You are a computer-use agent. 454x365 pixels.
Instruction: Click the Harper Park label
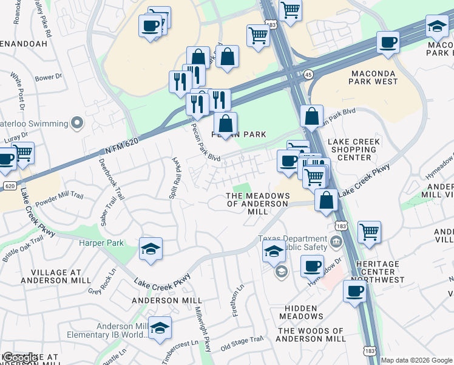[101, 243]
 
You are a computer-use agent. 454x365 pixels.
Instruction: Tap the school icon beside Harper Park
[151, 249]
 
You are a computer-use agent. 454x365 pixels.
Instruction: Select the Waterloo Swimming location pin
[76, 123]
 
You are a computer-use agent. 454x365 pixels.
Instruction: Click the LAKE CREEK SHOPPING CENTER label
[353, 150]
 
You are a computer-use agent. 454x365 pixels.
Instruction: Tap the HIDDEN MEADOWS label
[302, 312]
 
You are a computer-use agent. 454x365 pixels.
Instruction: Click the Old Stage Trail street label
[242, 343]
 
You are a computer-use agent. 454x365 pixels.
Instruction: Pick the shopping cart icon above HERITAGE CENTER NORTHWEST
[369, 232]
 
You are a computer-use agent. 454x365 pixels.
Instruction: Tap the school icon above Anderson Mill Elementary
[160, 328]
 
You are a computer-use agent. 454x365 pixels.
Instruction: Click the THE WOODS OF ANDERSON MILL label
[311, 335]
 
